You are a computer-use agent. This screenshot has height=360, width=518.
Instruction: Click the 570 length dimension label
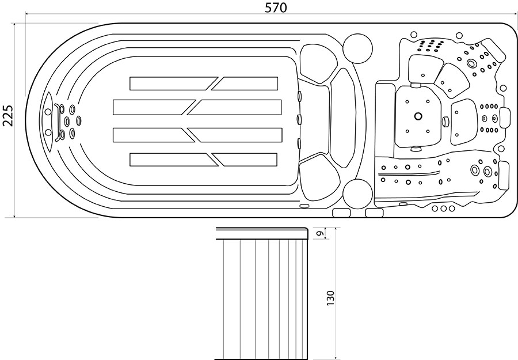276,7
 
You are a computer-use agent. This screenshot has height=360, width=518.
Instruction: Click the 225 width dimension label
7,116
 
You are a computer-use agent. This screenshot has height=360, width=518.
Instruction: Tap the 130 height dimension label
330,298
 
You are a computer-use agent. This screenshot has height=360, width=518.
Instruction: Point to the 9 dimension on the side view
319,233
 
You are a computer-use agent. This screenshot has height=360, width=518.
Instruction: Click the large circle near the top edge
358,48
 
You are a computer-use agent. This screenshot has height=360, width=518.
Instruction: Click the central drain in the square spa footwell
418,116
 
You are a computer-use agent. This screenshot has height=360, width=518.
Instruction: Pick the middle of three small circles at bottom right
443,209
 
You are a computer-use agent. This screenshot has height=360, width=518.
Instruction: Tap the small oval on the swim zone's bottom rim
304,206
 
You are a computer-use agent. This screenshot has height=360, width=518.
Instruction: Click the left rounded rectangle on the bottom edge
341,213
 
